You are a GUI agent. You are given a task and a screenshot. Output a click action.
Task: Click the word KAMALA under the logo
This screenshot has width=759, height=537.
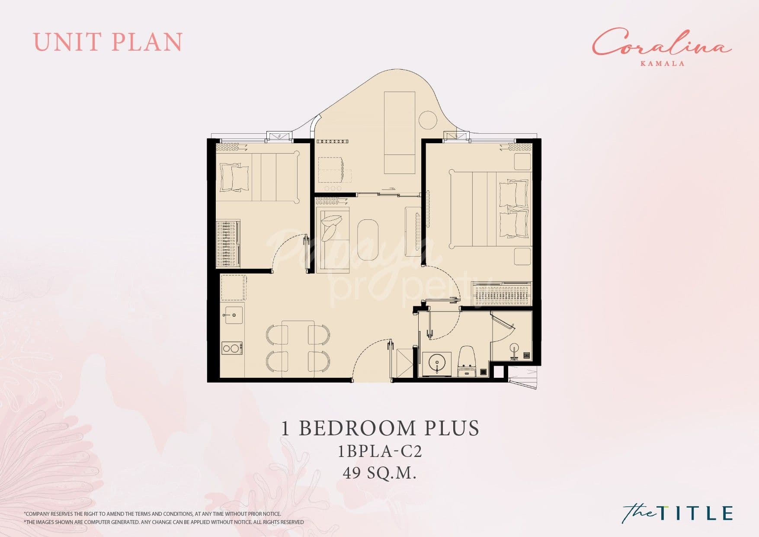[x=662, y=63]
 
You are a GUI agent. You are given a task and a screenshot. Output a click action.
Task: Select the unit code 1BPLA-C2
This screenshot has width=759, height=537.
[x=380, y=451]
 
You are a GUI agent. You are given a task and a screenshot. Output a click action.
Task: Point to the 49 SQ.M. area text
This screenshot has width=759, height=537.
[x=380, y=473]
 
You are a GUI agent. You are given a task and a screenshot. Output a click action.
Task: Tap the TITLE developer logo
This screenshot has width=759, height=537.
[x=678, y=513]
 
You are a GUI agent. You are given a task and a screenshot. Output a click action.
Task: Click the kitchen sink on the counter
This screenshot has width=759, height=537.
[x=233, y=315]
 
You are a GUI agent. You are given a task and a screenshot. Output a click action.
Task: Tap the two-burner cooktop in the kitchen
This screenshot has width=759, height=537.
[x=232, y=348]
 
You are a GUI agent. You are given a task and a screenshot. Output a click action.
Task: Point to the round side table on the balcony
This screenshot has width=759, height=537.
[x=428, y=120]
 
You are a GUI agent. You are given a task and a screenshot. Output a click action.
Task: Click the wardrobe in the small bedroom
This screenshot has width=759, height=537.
[x=227, y=244]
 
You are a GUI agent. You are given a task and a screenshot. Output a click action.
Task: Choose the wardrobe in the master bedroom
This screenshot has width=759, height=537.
[x=501, y=294]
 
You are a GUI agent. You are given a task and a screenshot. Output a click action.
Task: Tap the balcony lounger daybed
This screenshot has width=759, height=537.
[x=400, y=132]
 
